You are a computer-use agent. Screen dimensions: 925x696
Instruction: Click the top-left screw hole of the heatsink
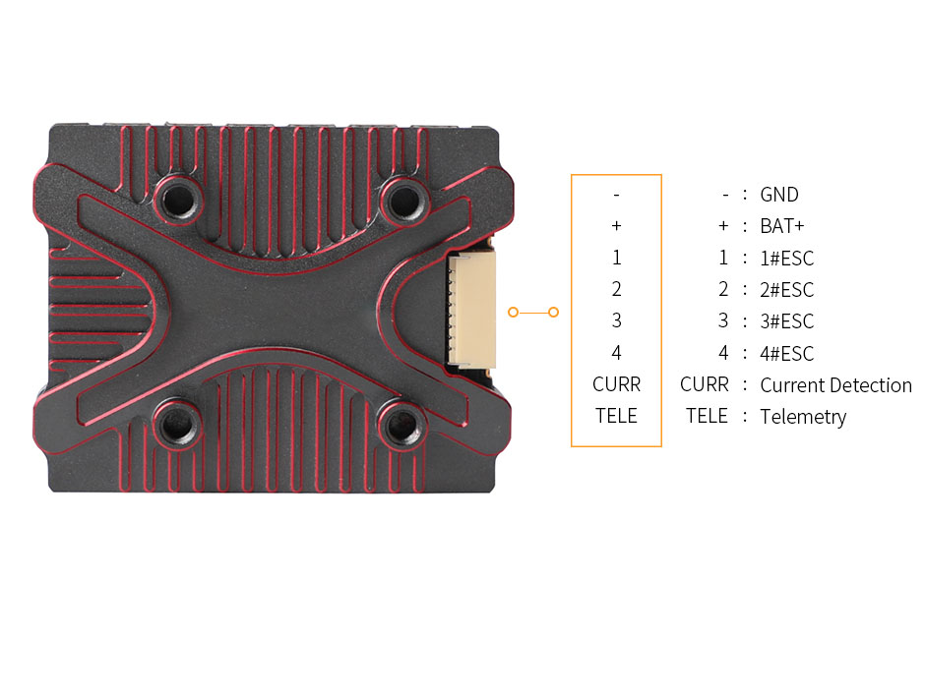tap(179, 200)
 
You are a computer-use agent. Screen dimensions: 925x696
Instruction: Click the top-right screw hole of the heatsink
tap(404, 201)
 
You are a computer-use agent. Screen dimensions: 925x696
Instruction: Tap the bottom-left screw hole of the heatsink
tap(176, 424)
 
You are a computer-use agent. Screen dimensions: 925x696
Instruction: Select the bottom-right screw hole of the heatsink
tap(402, 423)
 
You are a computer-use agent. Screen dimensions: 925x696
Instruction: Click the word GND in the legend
tap(778, 195)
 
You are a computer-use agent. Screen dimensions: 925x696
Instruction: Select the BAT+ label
tap(782, 226)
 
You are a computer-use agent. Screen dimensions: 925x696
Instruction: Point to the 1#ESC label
tap(787, 259)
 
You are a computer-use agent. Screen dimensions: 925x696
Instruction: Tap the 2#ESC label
tap(787, 290)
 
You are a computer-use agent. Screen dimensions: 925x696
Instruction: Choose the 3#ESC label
tap(787, 321)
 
